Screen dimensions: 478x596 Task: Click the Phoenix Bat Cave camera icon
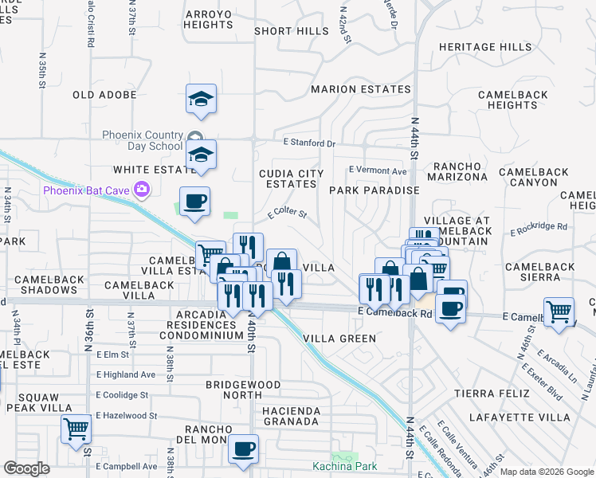[143, 190]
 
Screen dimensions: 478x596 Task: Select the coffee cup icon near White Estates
[194, 202]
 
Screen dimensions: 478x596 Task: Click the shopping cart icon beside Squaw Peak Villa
[76, 429]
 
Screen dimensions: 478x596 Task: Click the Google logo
[26, 468]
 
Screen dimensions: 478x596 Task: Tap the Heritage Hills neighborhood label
[484, 48]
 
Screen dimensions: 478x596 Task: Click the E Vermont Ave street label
[378, 170]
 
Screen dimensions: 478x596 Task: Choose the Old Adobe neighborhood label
[104, 95]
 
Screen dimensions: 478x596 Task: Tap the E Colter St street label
[287, 213]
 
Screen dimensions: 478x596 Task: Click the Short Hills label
[291, 31]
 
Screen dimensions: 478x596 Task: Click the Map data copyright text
[547, 472]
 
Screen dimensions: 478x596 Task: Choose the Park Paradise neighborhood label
[374, 190]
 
